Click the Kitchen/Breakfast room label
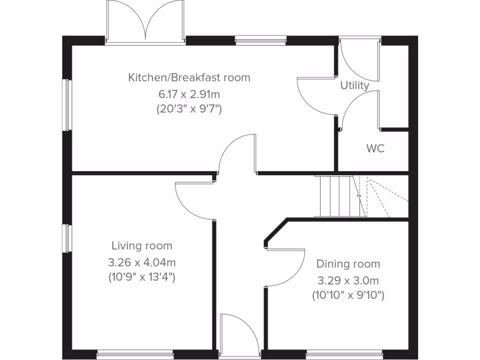(x=189, y=77)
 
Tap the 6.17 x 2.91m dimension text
(x=189, y=94)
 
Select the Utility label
(x=355, y=86)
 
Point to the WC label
(x=375, y=149)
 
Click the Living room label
(x=142, y=246)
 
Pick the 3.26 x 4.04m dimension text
(x=142, y=262)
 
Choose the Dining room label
(x=348, y=264)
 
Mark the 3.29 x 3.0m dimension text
(x=348, y=281)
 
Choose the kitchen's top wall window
(x=261, y=40)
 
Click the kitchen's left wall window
(x=67, y=105)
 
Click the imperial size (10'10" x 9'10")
(x=348, y=295)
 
